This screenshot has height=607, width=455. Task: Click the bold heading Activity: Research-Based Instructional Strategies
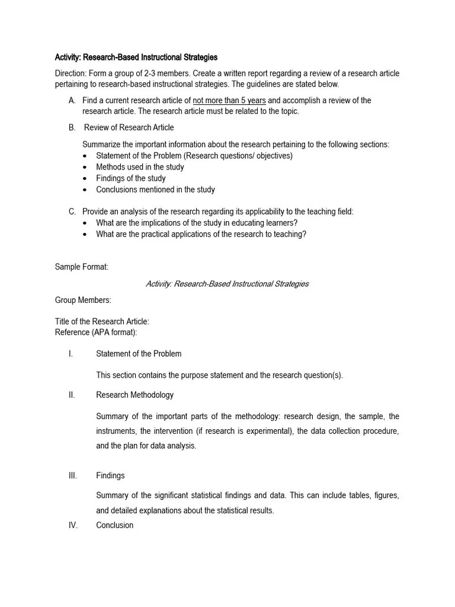tap(136, 57)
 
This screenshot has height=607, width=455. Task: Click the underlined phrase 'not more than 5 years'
tap(229, 100)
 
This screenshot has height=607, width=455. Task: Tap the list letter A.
tap(72, 100)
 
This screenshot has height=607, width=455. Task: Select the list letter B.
tap(72, 127)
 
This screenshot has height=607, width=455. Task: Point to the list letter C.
tap(72, 212)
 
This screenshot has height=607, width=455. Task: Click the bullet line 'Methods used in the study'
tap(140, 167)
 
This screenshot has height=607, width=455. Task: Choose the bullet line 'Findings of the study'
tap(131, 178)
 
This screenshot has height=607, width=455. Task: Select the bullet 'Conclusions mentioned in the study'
tap(155, 190)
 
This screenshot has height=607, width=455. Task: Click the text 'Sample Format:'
tap(82, 267)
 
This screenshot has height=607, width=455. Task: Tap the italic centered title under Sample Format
tap(227, 284)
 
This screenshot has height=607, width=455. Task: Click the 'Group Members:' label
tap(83, 301)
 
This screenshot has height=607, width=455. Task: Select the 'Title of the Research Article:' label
tap(102, 321)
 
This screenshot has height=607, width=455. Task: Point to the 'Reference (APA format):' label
tap(96, 332)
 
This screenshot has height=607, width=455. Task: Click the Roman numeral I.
tap(71, 354)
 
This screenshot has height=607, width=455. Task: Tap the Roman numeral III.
tap(73, 475)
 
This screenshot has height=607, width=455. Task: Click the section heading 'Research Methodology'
tap(134, 395)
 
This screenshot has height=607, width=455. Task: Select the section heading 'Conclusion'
tap(114, 525)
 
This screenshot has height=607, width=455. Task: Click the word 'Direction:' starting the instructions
tap(71, 74)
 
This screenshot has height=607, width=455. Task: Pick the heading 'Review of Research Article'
tap(129, 127)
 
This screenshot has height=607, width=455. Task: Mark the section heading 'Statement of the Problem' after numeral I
tap(139, 354)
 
